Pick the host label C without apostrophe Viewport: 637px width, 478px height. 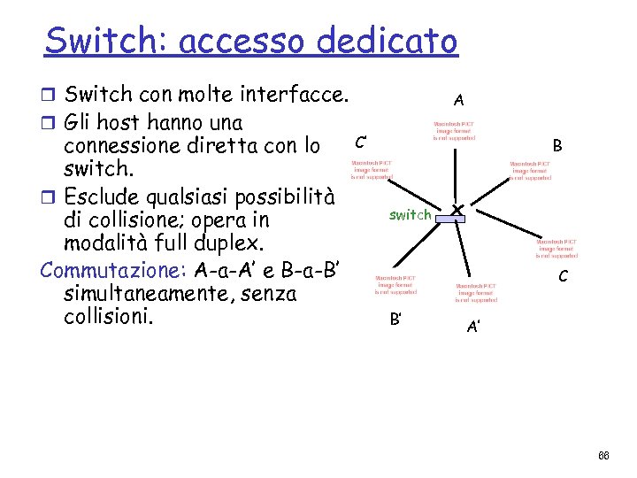[x=563, y=277]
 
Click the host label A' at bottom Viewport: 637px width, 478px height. [x=474, y=327]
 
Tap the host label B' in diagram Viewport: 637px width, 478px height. [x=396, y=320]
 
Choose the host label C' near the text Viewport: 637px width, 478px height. [x=362, y=141]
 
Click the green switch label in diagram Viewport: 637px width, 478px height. [x=411, y=214]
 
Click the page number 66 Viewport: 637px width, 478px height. [x=603, y=456]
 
